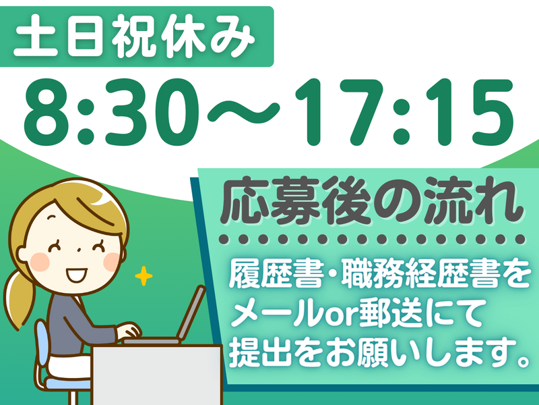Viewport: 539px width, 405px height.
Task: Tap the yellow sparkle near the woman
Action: pos(143,276)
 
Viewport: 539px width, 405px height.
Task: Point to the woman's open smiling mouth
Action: pos(76,276)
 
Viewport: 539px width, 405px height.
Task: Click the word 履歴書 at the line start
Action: pos(263,276)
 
